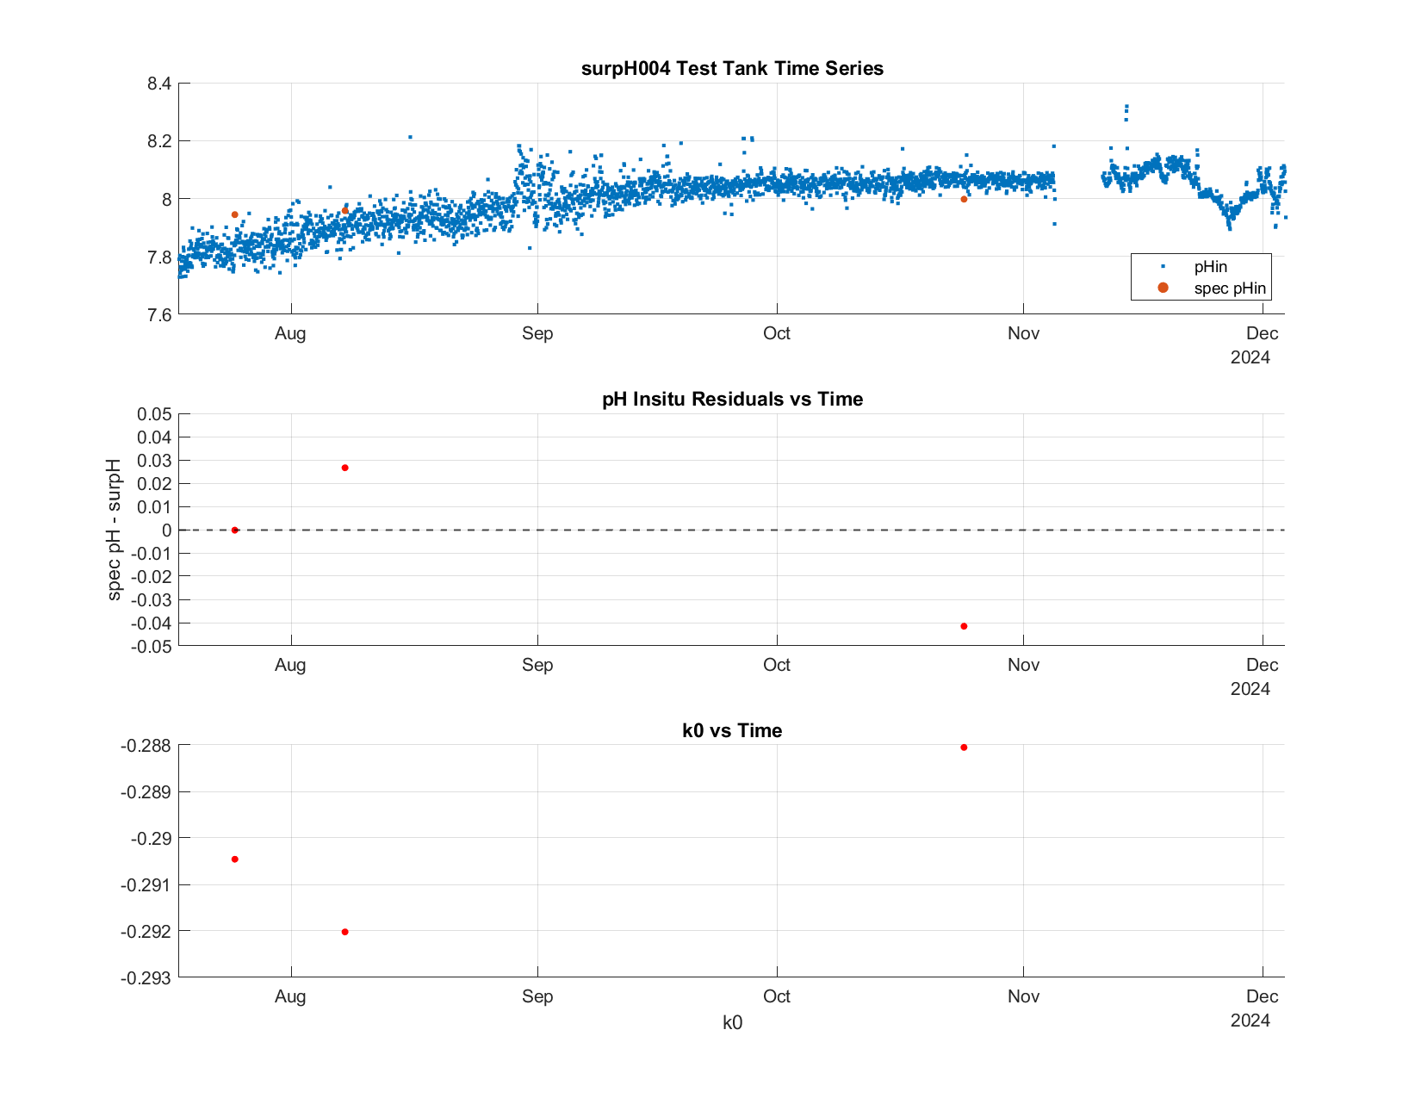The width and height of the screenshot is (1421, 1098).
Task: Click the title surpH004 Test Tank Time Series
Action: point(732,68)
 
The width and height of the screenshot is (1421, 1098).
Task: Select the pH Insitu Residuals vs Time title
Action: point(732,399)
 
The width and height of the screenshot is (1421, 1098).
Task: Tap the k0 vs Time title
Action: point(732,730)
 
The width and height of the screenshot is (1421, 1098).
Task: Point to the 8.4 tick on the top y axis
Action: point(159,84)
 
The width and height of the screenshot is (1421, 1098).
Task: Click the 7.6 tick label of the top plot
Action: point(159,315)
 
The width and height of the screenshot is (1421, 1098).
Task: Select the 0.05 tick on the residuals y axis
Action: point(154,414)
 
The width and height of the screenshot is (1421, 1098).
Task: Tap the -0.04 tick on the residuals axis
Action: point(151,623)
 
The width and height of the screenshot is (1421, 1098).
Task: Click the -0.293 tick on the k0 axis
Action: point(146,978)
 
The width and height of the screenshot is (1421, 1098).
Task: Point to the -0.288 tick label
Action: point(146,746)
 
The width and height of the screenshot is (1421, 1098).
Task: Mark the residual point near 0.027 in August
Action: point(344,468)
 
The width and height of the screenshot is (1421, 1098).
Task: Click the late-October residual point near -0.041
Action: point(964,626)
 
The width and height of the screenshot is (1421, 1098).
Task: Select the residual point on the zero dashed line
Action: point(235,530)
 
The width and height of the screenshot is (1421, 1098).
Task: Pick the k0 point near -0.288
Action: point(964,748)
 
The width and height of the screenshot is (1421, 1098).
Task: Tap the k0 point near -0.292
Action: point(344,932)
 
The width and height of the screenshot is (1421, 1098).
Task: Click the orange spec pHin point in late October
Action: point(964,200)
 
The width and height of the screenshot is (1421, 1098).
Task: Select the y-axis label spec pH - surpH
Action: point(114,530)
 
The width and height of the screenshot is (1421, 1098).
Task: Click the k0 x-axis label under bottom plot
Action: point(732,1023)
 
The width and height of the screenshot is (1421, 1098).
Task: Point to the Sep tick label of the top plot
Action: point(537,333)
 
